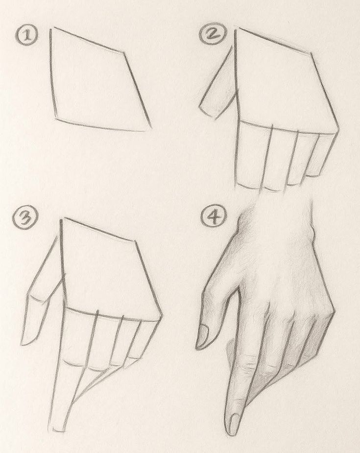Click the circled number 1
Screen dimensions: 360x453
26,36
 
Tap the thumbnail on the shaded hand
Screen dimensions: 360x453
204,335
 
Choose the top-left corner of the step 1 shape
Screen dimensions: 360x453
51,28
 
